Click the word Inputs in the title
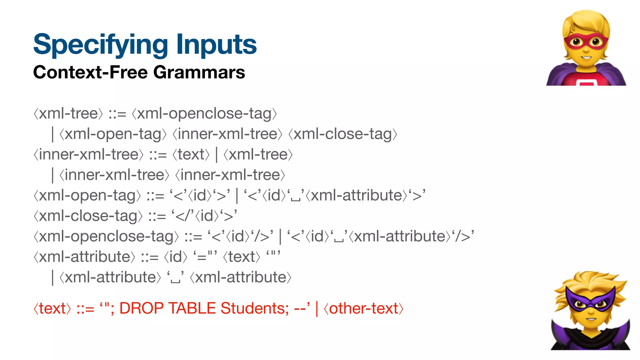click(216, 45)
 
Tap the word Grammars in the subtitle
click(199, 72)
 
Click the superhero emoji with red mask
click(586, 48)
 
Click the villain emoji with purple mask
click(590, 311)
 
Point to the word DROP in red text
click(142, 308)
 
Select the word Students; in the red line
click(255, 308)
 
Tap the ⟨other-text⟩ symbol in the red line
click(363, 308)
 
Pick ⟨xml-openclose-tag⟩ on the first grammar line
click(204, 113)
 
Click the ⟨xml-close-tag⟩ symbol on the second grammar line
click(342, 134)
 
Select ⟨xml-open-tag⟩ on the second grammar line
click(112, 134)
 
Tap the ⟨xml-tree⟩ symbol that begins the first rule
click(68, 113)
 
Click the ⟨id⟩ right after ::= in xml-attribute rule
click(176, 257)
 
